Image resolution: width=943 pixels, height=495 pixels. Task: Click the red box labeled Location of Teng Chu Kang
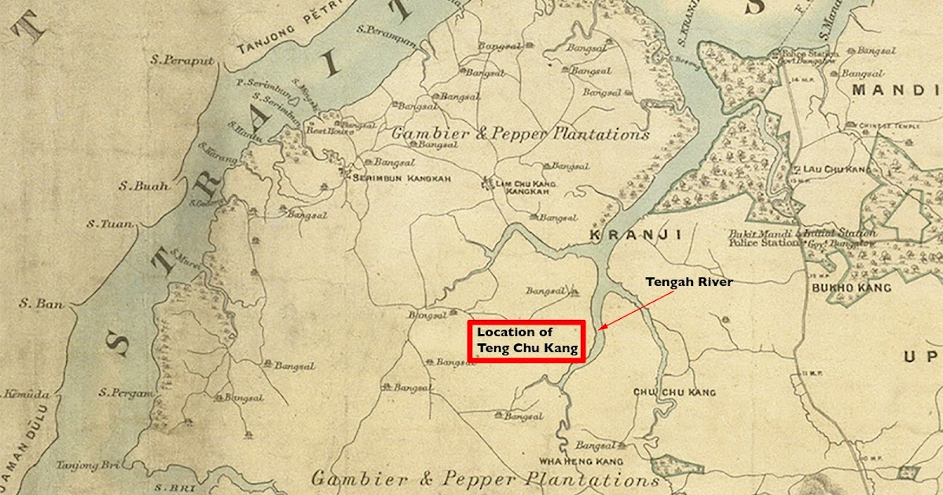click(x=526, y=341)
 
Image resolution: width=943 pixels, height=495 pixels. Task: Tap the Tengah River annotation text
click(x=689, y=281)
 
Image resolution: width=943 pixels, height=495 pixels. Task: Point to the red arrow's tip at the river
click(x=600, y=328)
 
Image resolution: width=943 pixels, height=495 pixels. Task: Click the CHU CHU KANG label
click(x=674, y=391)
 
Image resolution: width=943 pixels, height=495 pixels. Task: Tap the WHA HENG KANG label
click(x=582, y=460)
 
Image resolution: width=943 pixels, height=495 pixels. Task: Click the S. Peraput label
click(x=183, y=60)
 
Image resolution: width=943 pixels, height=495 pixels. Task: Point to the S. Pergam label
click(x=127, y=392)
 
